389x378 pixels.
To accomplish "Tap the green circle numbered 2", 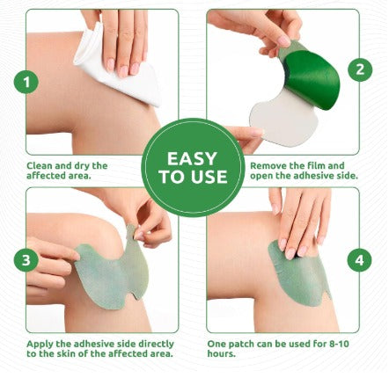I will (358, 69).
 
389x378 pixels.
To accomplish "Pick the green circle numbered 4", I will (358, 259).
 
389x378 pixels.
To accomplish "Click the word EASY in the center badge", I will (194, 159).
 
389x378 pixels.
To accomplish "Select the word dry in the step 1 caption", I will (88, 164).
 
